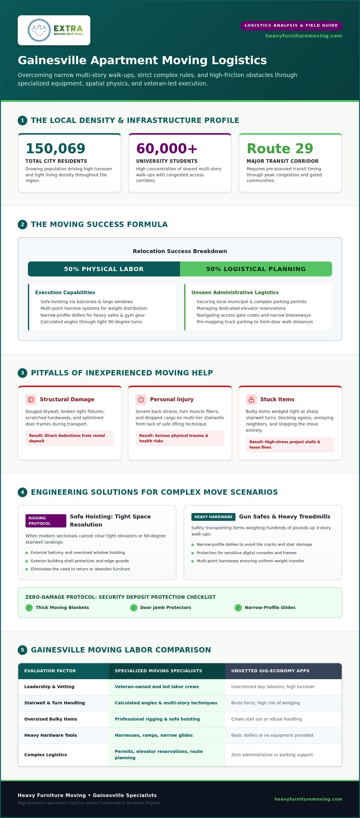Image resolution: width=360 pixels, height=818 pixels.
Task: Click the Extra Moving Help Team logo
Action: pos(54,30)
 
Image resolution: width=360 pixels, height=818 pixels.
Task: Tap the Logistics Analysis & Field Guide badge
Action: pos(291,25)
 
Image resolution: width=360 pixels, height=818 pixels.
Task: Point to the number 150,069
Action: pos(55,148)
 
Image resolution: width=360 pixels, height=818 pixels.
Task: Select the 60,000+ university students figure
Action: pos(167,148)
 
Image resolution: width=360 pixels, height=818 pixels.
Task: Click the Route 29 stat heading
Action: pos(280,148)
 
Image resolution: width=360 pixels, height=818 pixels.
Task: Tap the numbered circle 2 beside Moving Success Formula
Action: pos(22,225)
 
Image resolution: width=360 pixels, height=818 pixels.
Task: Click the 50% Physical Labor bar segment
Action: pos(104,269)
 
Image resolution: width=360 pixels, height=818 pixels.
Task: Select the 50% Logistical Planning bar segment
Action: pos(256,269)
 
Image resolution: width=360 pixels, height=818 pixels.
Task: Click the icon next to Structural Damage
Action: pos(31,399)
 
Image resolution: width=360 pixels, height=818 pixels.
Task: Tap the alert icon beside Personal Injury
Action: pos(141,399)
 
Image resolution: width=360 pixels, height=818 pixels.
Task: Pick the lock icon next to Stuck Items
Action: pos(251,399)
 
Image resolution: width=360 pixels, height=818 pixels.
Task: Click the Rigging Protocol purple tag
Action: pos(46,521)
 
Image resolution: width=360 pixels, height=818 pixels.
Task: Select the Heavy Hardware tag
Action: pos(213,517)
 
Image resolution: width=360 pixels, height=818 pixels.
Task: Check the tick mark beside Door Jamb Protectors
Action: pos(134,608)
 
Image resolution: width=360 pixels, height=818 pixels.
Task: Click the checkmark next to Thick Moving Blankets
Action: pos(29,608)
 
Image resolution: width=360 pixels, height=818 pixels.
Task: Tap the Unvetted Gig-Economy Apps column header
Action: pos(270,671)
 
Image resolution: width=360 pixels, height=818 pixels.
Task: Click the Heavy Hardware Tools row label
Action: pos(50,735)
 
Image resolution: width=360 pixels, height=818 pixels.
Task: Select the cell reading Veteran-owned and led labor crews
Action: pos(157,687)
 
